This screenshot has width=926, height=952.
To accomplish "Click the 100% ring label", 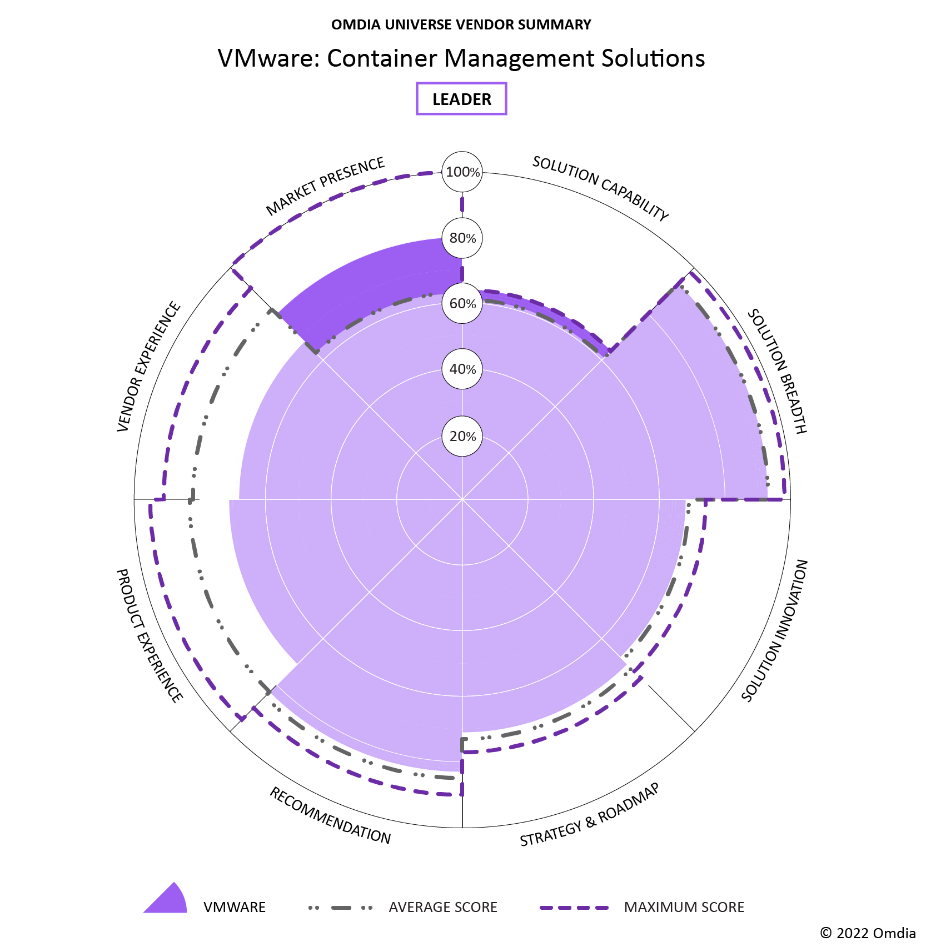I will [462, 172].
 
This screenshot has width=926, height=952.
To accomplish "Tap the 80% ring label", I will [462, 238].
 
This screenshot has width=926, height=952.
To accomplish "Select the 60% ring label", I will [462, 304].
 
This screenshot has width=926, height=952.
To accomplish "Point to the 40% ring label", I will [462, 369].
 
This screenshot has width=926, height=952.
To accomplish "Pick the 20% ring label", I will [462, 436].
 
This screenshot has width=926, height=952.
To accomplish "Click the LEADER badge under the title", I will [461, 99].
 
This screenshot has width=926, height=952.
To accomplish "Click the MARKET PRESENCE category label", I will [325, 186].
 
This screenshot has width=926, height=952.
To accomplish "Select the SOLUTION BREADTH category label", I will [776, 371].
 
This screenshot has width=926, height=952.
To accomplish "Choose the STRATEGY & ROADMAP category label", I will [590, 815].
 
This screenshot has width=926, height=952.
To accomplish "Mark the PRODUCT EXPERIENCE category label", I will [149, 635].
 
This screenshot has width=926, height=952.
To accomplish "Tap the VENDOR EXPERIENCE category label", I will [149, 367].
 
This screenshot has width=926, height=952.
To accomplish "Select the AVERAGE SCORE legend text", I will [443, 908].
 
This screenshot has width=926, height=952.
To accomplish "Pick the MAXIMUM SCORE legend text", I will [684, 908].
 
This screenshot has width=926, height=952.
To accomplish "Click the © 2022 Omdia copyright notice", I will [868, 933].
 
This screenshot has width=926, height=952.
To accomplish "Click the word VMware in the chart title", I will [265, 58].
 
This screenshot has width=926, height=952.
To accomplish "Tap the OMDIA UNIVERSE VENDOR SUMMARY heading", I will [461, 24].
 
